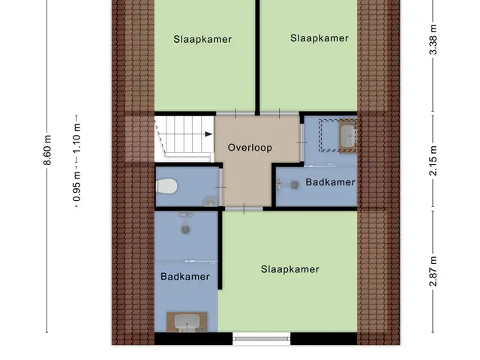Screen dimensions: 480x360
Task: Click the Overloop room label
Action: pyautogui.click(x=250, y=148)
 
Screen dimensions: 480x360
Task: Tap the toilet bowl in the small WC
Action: pyautogui.click(x=166, y=186)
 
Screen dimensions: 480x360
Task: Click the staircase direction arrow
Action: pyautogui.click(x=208, y=134)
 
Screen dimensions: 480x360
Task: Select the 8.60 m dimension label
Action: pyautogui.click(x=47, y=150)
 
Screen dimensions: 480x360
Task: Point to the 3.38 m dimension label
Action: pyautogui.click(x=433, y=40)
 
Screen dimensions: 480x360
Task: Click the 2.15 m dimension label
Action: pyautogui.click(x=433, y=160)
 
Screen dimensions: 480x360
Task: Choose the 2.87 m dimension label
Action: pyautogui.click(x=433, y=271)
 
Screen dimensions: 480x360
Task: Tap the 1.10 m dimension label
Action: pyautogui.click(x=76, y=138)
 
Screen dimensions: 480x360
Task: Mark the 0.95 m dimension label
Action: pyautogui.click(x=76, y=187)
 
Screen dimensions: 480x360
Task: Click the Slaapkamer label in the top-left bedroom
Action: pyautogui.click(x=202, y=39)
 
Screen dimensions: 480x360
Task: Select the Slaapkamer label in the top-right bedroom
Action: pyautogui.click(x=319, y=38)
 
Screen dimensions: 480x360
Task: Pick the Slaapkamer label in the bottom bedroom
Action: pyautogui.click(x=290, y=269)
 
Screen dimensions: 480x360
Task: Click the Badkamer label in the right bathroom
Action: pyautogui.click(x=330, y=182)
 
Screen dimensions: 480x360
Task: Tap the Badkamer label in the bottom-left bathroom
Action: pyautogui.click(x=185, y=277)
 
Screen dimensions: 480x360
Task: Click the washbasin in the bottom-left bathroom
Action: pyautogui.click(x=187, y=322)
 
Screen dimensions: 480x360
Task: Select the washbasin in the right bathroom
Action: pyautogui.click(x=349, y=136)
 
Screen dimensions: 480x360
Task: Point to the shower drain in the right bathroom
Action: pyautogui.click(x=295, y=185)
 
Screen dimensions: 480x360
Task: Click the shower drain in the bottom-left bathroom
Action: pyautogui.click(x=185, y=229)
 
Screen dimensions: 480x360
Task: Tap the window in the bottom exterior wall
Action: pyautogui.click(x=262, y=338)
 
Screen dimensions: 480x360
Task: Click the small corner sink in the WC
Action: pyautogui.click(x=211, y=202)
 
